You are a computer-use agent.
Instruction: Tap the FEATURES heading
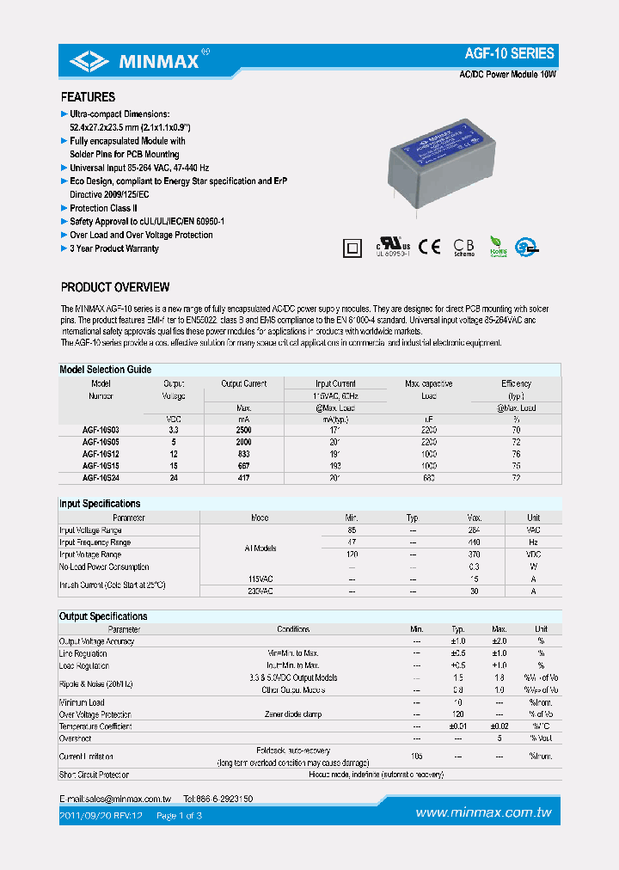pyautogui.click(x=88, y=97)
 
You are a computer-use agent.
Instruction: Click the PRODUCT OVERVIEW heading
pyautogui.click(x=115, y=287)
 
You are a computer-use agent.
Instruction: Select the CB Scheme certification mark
pyautogui.click(x=463, y=247)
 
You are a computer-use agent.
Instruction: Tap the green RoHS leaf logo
pyautogui.click(x=498, y=247)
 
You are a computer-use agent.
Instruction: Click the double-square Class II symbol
pyautogui.click(x=350, y=248)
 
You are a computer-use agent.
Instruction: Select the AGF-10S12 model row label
pyautogui.click(x=101, y=453)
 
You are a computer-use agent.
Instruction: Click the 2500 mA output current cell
pyautogui.click(x=243, y=428)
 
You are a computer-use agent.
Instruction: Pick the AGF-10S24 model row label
pyautogui.click(x=101, y=477)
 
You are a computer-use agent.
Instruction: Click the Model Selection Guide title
pyautogui.click(x=105, y=370)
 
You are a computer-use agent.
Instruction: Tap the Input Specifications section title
pyautogui.click(x=100, y=504)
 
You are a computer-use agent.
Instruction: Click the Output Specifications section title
pyautogui.click(x=103, y=616)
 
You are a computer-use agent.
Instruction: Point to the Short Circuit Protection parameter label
pyautogui.click(x=94, y=775)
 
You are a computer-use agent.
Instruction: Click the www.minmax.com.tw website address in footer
pyautogui.click(x=483, y=813)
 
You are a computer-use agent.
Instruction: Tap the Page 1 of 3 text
pyautogui.click(x=179, y=815)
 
